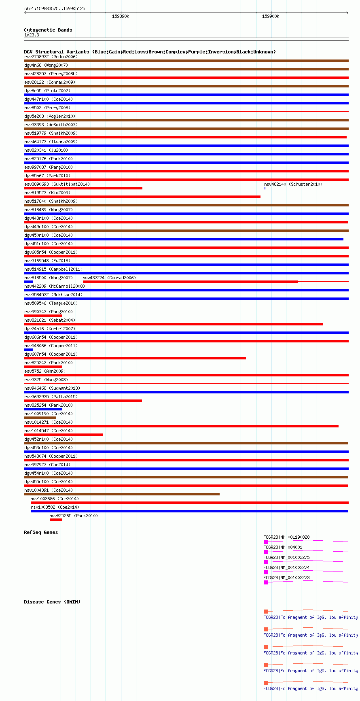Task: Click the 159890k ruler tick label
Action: coord(121,16)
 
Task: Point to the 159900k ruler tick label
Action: coord(270,16)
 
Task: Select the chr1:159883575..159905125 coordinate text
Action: coord(55,8)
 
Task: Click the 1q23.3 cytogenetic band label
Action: coord(32,35)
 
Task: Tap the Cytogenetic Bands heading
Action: coord(48,30)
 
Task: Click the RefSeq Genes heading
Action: coord(41,532)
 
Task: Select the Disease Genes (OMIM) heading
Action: coord(52,602)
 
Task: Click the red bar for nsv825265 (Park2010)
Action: coord(56,520)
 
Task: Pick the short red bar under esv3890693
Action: coord(83,188)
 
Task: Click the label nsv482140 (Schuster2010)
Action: coord(293,184)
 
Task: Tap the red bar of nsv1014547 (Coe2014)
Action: coord(63,435)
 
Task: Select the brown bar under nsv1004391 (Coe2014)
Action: coord(121,494)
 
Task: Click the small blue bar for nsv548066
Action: coord(28,350)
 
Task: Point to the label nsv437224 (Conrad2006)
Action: coord(109,278)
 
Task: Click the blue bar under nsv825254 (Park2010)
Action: coord(43,409)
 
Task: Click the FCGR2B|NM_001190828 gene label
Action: coord(286,537)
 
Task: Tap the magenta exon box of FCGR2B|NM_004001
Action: coord(266,552)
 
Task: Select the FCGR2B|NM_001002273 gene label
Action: coord(286,578)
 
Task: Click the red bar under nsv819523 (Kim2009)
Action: coord(142,197)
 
